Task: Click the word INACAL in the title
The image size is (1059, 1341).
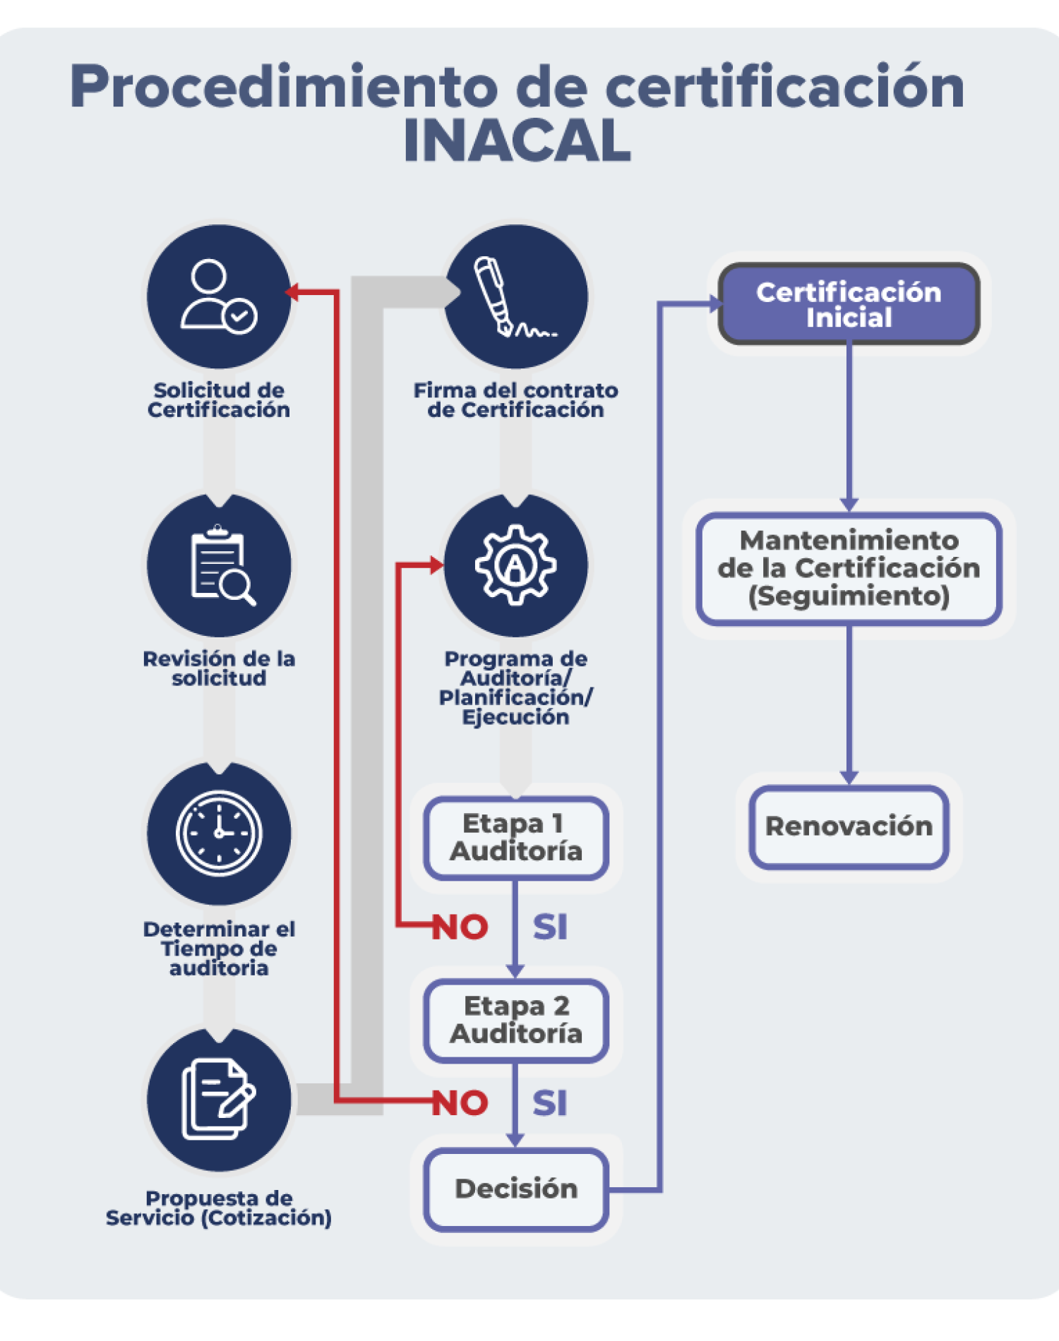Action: point(517,140)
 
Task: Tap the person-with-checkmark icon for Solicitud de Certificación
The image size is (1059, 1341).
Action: point(219,296)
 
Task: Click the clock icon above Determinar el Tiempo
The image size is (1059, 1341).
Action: point(219,833)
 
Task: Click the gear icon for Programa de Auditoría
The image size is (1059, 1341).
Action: point(515,565)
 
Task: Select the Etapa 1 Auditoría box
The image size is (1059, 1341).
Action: point(516,838)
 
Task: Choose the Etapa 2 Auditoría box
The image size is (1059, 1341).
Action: point(516,1021)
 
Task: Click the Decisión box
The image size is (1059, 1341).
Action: point(516,1189)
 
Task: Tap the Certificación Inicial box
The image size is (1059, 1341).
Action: point(849,304)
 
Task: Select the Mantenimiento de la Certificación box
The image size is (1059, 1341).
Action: point(849,568)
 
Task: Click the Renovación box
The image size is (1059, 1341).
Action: point(849,826)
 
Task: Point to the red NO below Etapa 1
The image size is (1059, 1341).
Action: point(460,927)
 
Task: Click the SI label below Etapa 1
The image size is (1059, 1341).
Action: point(550,927)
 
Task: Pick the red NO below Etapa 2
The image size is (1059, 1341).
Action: point(460,1102)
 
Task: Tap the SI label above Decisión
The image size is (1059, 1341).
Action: point(550,1102)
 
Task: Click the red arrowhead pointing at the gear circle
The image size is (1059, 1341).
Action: point(436,565)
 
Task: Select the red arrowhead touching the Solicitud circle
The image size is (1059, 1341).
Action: point(291,291)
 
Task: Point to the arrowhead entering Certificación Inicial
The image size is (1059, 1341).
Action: point(716,304)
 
